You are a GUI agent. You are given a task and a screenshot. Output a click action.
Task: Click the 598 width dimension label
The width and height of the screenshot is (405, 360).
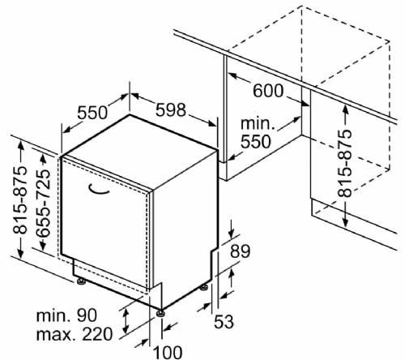(171, 110)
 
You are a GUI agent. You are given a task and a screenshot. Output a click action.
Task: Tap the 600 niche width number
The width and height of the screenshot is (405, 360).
(268, 91)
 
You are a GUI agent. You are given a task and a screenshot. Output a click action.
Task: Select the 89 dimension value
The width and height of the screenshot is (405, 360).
(240, 251)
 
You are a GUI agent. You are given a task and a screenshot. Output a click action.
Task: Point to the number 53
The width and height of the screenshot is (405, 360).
(224, 322)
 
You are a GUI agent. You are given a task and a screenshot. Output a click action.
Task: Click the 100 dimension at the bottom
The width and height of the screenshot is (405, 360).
(168, 353)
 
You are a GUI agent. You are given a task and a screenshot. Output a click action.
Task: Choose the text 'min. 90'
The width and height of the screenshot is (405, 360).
(66, 315)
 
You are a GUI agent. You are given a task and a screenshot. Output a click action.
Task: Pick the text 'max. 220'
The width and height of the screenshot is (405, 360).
(75, 334)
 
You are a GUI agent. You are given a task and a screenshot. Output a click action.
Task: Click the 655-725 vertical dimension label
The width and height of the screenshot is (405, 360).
(43, 204)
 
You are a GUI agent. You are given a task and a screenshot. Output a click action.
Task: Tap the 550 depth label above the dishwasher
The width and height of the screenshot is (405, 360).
(92, 113)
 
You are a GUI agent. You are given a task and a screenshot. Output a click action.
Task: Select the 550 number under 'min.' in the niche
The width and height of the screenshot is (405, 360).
(255, 142)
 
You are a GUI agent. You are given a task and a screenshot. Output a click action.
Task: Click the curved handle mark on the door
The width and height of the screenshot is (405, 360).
(98, 190)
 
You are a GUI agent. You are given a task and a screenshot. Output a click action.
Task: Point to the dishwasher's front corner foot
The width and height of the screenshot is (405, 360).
(161, 313)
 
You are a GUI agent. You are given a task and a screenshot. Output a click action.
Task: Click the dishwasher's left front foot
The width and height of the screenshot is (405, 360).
(81, 281)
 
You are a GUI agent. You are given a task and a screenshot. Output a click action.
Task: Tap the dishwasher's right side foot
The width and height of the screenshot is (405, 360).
(204, 287)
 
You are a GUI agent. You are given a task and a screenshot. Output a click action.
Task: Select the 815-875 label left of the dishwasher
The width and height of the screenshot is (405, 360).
(19, 199)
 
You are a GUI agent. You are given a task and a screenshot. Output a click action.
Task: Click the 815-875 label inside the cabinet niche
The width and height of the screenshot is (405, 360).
(345, 164)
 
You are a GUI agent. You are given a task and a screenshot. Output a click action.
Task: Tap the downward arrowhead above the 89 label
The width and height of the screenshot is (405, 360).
(232, 234)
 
